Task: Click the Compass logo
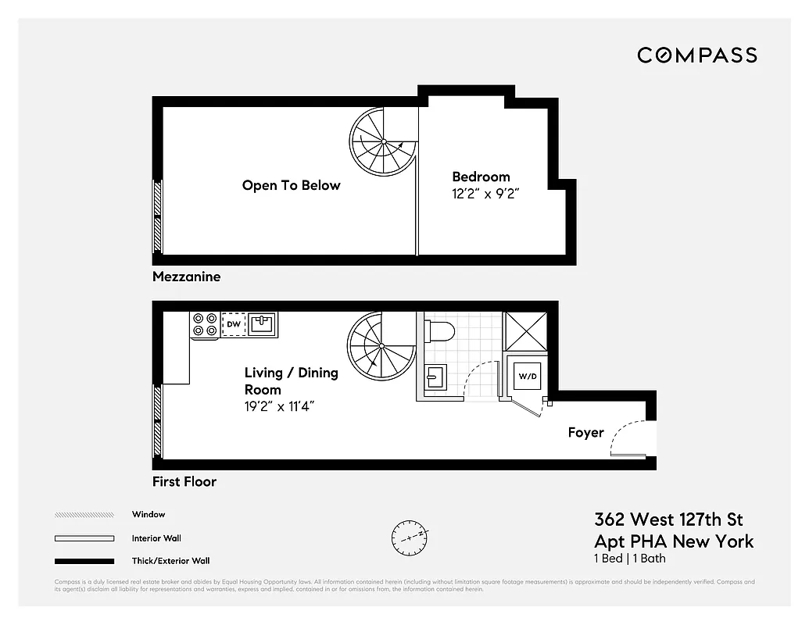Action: (x=696, y=55)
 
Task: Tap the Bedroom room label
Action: (x=481, y=177)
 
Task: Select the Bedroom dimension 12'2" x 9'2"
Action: (x=485, y=195)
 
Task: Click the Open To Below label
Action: (x=291, y=185)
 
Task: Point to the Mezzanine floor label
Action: (x=186, y=277)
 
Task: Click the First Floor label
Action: (x=184, y=481)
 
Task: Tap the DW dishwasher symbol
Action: (x=233, y=324)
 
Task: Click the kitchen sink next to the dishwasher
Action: (x=262, y=324)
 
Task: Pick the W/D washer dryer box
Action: (x=528, y=377)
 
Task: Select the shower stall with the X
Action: (x=525, y=329)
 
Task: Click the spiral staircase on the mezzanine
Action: (x=383, y=141)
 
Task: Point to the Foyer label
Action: (x=585, y=432)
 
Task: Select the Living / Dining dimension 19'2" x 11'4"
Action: (x=280, y=406)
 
